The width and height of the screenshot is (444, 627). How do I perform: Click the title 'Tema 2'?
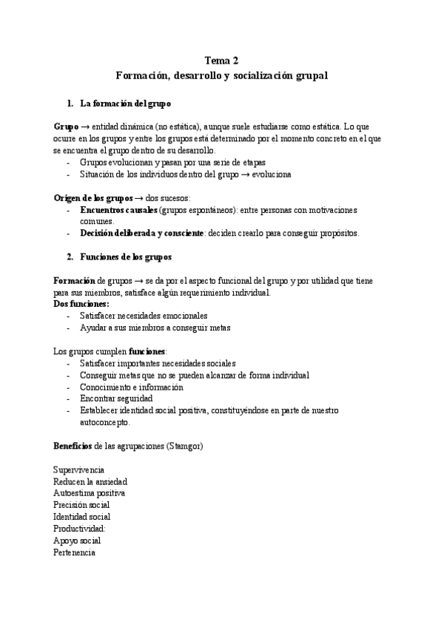[x=221, y=61]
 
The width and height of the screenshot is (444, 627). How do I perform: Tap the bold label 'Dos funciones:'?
[x=81, y=304]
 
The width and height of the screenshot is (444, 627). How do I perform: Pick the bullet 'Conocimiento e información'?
[x=131, y=387]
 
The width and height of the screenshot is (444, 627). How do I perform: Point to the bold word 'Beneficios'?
[x=73, y=446]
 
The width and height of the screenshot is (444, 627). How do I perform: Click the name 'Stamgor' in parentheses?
[x=186, y=446]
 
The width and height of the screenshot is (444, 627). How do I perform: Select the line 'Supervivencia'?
[x=78, y=470]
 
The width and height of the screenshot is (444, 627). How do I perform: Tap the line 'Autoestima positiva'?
[x=89, y=492]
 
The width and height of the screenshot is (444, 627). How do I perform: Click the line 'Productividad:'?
[x=80, y=529]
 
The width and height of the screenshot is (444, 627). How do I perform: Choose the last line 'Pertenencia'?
[x=74, y=552]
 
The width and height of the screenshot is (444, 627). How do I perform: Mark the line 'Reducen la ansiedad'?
[x=90, y=481]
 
